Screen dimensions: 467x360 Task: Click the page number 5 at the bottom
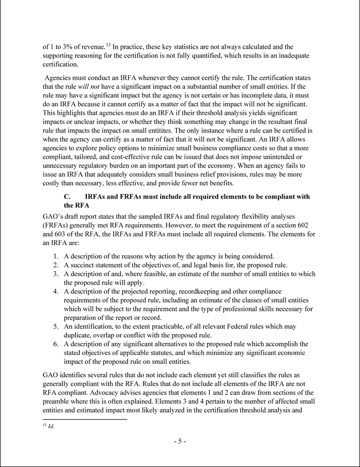coord(179,441)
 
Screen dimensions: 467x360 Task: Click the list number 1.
coord(57,256)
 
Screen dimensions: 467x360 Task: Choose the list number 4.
coord(57,291)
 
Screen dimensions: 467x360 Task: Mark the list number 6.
coord(57,344)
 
